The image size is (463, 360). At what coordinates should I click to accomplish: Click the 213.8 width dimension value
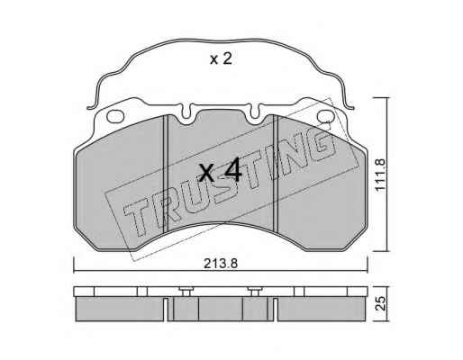pyautogui.click(x=221, y=264)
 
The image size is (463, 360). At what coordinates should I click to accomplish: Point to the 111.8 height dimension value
pyautogui.click(x=380, y=175)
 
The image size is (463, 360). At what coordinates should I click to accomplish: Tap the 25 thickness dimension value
pyautogui.click(x=380, y=303)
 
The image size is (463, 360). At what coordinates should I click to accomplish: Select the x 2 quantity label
pyautogui.click(x=221, y=59)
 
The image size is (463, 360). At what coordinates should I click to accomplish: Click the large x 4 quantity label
pyautogui.click(x=221, y=170)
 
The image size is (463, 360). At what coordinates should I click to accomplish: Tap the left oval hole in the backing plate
pyautogui.click(x=115, y=116)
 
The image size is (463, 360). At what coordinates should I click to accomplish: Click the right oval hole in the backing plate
pyautogui.click(x=325, y=116)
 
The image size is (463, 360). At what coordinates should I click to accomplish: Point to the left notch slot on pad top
pyautogui.click(x=186, y=112)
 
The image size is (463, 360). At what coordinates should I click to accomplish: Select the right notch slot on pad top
pyautogui.click(x=255, y=112)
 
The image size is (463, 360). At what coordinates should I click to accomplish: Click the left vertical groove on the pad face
pyautogui.click(x=166, y=174)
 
